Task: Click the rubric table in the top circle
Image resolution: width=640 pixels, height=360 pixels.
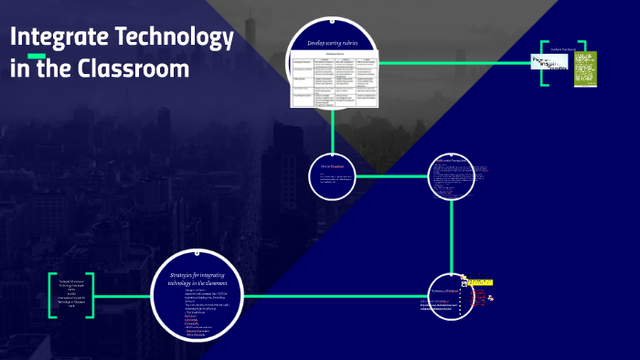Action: [334, 79]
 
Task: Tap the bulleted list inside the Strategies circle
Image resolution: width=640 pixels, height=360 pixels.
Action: [197, 311]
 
